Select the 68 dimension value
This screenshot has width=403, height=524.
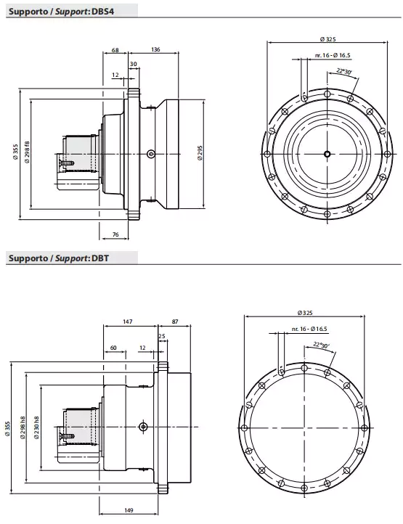tap(115, 50)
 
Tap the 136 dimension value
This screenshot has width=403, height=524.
tap(156, 50)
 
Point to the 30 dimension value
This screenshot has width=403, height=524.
tap(133, 64)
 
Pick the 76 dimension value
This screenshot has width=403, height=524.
tap(115, 234)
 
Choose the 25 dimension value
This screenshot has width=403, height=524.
tap(161, 336)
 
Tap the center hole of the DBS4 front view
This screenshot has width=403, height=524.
tap(327, 153)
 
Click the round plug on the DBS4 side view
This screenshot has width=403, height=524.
tap(150, 153)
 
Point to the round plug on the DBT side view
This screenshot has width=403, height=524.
tap(144, 425)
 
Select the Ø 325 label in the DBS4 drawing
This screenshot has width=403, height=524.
tap(327, 38)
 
